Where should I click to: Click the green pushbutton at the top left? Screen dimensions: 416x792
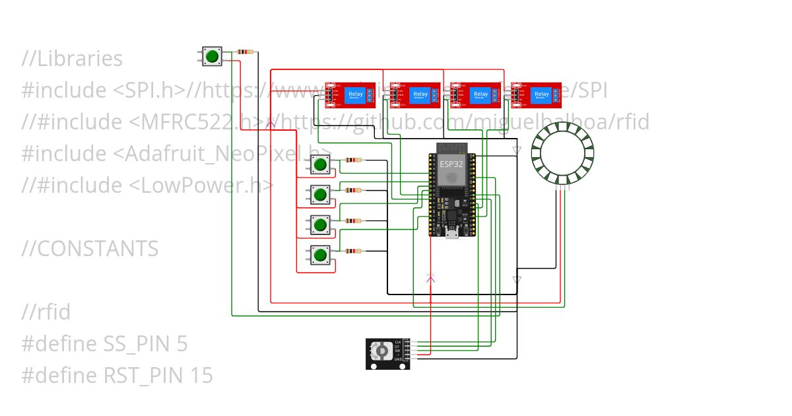click(x=212, y=57)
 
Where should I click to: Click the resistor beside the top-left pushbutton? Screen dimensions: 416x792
click(x=245, y=52)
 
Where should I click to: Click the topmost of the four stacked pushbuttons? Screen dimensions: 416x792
click(x=321, y=164)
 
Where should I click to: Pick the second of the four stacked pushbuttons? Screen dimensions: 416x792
click(x=321, y=194)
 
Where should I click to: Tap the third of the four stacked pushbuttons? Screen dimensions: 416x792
click(x=321, y=225)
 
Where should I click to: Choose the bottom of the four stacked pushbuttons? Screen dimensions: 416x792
click(x=321, y=255)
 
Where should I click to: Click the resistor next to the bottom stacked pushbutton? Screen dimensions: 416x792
click(x=354, y=251)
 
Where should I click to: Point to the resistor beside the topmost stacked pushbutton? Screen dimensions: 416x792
click(x=354, y=160)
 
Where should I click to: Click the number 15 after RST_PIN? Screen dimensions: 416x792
click(x=201, y=376)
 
